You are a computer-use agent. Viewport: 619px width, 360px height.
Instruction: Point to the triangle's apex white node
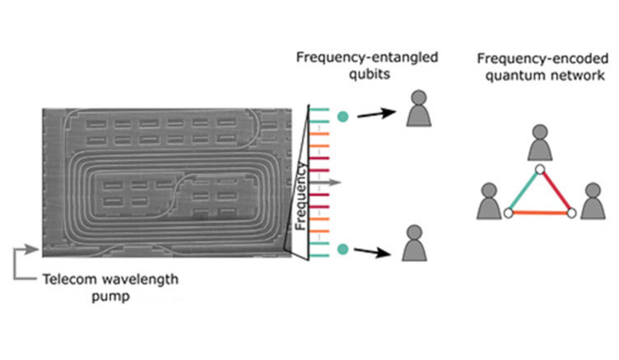539,169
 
